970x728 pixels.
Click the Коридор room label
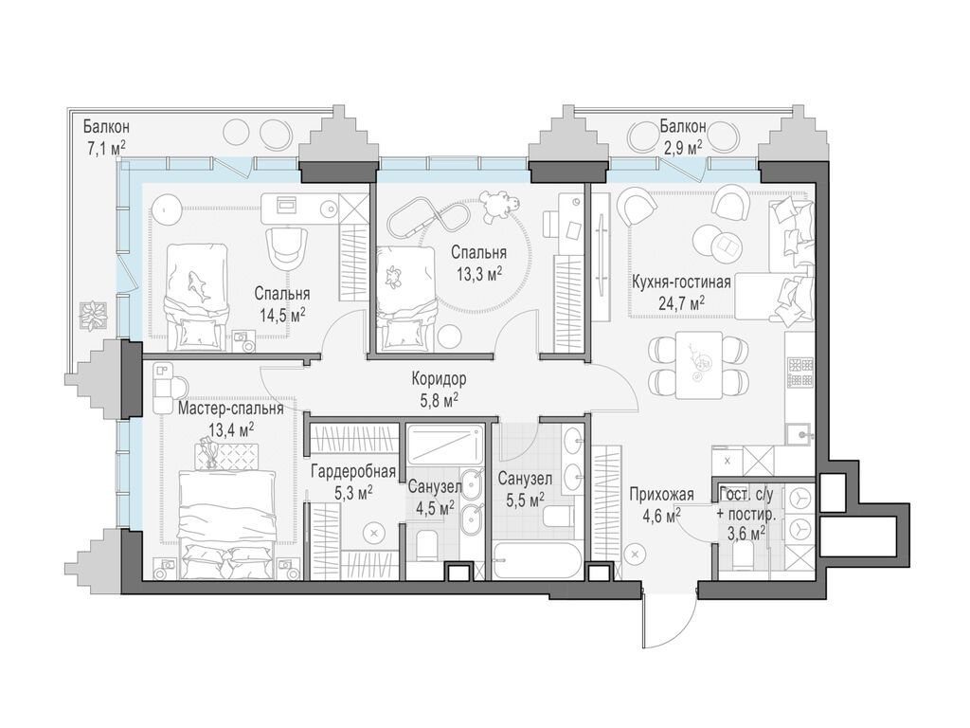(x=440, y=377)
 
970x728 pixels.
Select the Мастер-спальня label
(x=231, y=409)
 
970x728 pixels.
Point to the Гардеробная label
(x=353, y=472)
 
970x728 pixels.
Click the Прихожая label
(x=661, y=494)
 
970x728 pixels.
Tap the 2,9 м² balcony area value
(x=682, y=147)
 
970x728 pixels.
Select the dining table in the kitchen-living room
(x=699, y=365)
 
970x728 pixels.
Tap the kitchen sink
(x=799, y=433)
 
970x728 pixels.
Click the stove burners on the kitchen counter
(x=799, y=372)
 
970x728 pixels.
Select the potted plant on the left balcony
(x=94, y=316)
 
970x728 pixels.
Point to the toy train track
(x=427, y=217)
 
